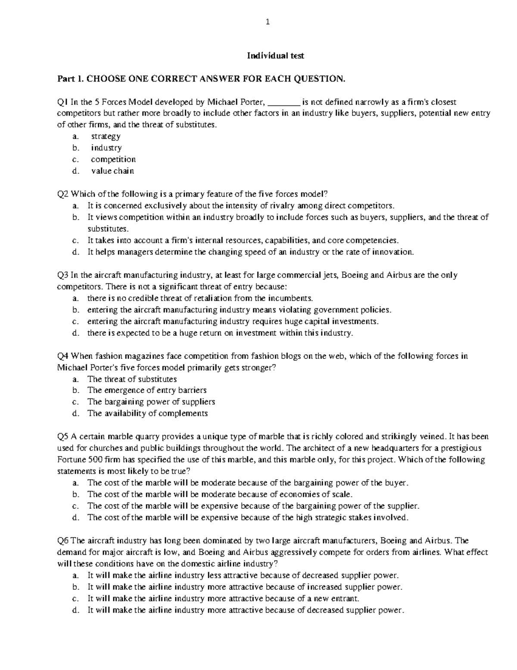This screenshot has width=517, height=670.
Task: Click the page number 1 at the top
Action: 268,23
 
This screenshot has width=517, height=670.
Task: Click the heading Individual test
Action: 275,56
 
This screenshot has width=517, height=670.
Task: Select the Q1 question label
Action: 63,102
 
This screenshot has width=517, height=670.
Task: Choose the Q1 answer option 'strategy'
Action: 106,136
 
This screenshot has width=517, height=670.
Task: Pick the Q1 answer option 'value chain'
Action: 112,171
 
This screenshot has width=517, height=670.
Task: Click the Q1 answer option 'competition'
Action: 113,160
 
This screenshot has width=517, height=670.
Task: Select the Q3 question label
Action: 63,275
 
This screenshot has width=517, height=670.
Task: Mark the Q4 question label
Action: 63,356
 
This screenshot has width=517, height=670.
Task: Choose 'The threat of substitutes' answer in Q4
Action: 132,379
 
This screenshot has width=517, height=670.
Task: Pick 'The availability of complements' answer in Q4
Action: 147,414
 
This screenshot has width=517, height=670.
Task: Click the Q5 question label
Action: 63,437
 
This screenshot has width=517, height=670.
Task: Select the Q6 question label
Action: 63,541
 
